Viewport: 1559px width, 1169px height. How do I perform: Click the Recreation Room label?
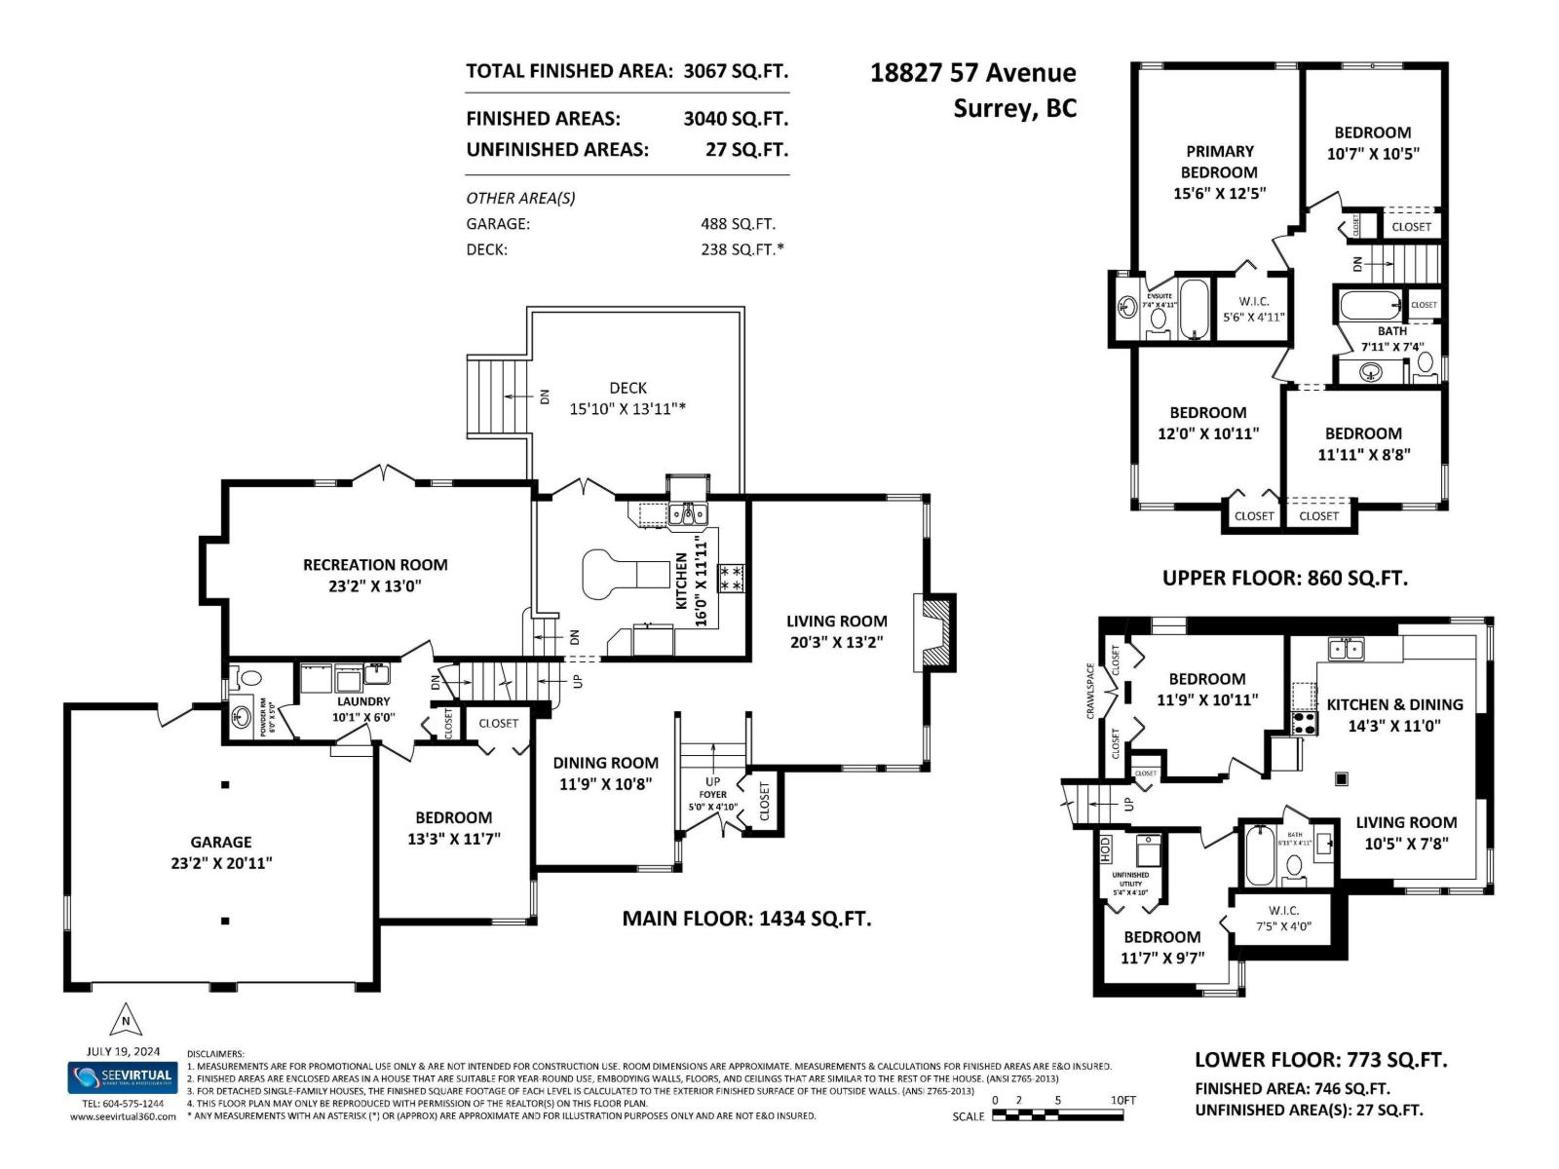coord(375,564)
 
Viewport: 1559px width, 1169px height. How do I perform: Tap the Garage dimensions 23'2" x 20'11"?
coord(221,863)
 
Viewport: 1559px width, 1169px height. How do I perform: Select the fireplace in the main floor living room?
coord(935,632)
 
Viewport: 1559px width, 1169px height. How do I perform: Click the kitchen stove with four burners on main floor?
coord(731,578)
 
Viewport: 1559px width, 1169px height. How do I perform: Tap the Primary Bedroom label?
coord(1219,162)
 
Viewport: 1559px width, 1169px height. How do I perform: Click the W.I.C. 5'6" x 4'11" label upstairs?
coord(1254,308)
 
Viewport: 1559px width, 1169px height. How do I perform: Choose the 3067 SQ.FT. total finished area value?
coord(736,71)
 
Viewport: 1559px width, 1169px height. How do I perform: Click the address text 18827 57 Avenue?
coord(972,73)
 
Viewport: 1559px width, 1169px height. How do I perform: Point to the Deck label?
coord(627,388)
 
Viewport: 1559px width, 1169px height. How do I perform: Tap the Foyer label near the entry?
coord(712,795)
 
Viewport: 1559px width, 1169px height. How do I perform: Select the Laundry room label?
coord(363,701)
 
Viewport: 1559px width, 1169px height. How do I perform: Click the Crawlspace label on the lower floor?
coord(1091,693)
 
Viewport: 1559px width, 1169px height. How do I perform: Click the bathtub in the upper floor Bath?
coord(1370,306)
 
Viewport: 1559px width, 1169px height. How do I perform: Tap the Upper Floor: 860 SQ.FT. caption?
coord(1284,578)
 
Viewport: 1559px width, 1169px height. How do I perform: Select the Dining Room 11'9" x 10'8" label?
coord(605,773)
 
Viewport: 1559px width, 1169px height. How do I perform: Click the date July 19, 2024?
coord(123,1052)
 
